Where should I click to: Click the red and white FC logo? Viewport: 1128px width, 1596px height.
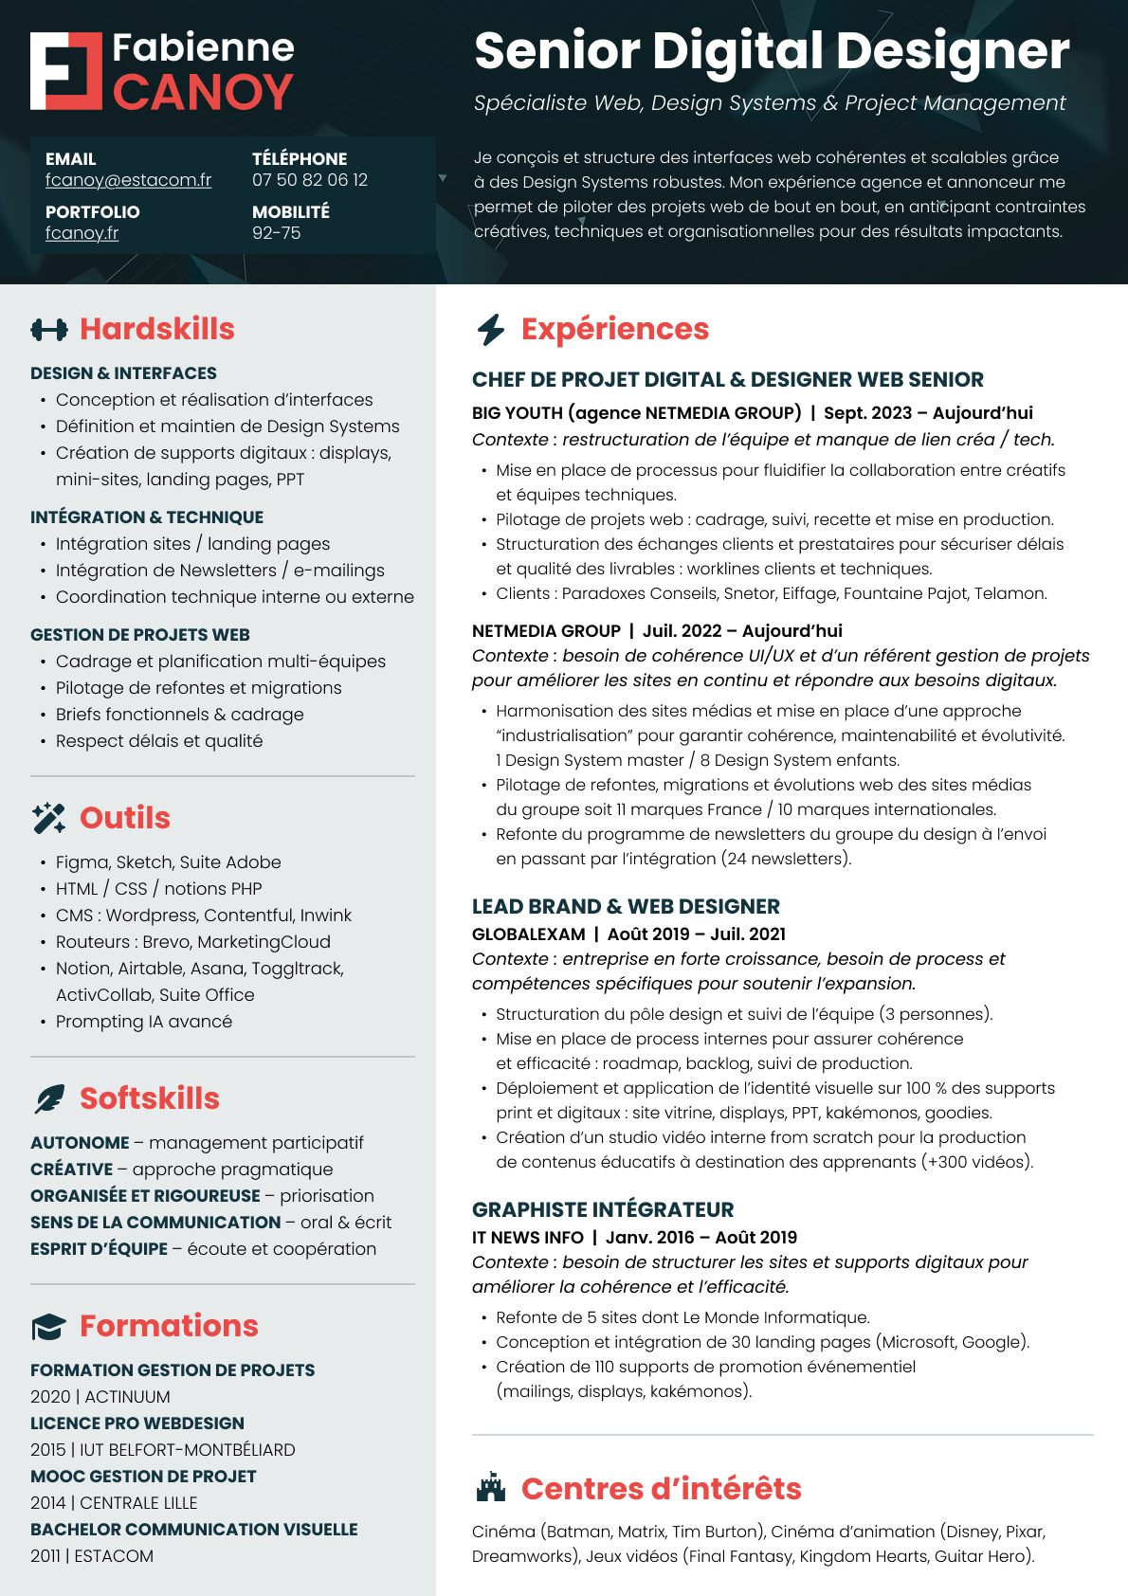pos(65,71)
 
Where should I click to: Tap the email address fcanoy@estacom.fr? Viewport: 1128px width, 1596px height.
pos(128,180)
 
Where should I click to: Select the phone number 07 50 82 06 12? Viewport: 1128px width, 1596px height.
pos(309,180)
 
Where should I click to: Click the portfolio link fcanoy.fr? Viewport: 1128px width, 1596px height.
pos(82,233)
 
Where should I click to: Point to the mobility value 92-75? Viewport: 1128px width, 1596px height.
pos(276,233)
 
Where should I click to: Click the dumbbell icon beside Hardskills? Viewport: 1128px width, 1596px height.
pos(49,330)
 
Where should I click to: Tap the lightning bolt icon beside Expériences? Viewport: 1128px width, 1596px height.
pos(491,330)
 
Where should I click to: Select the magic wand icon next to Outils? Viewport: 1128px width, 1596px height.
pos(48,818)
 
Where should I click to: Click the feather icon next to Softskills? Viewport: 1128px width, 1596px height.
pos(49,1098)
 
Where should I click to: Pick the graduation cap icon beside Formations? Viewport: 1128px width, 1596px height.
pos(48,1327)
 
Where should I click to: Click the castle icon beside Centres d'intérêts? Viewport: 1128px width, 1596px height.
pos(490,1488)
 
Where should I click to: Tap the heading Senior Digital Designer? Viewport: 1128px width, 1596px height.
pos(772,51)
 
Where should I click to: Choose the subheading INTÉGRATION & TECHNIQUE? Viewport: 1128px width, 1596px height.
pos(147,517)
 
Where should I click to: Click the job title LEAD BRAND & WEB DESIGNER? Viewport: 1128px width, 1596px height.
pos(626,907)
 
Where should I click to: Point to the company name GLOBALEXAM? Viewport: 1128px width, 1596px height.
pos(528,934)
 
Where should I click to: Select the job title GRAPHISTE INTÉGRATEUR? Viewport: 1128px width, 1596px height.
pos(603,1210)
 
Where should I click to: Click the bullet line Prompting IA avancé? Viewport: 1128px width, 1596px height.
pos(143,1022)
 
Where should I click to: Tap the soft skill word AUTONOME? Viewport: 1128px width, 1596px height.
pos(80,1143)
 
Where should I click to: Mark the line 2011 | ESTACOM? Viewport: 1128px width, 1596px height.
pos(92,1556)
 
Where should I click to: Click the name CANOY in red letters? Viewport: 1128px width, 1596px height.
pos(203,93)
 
